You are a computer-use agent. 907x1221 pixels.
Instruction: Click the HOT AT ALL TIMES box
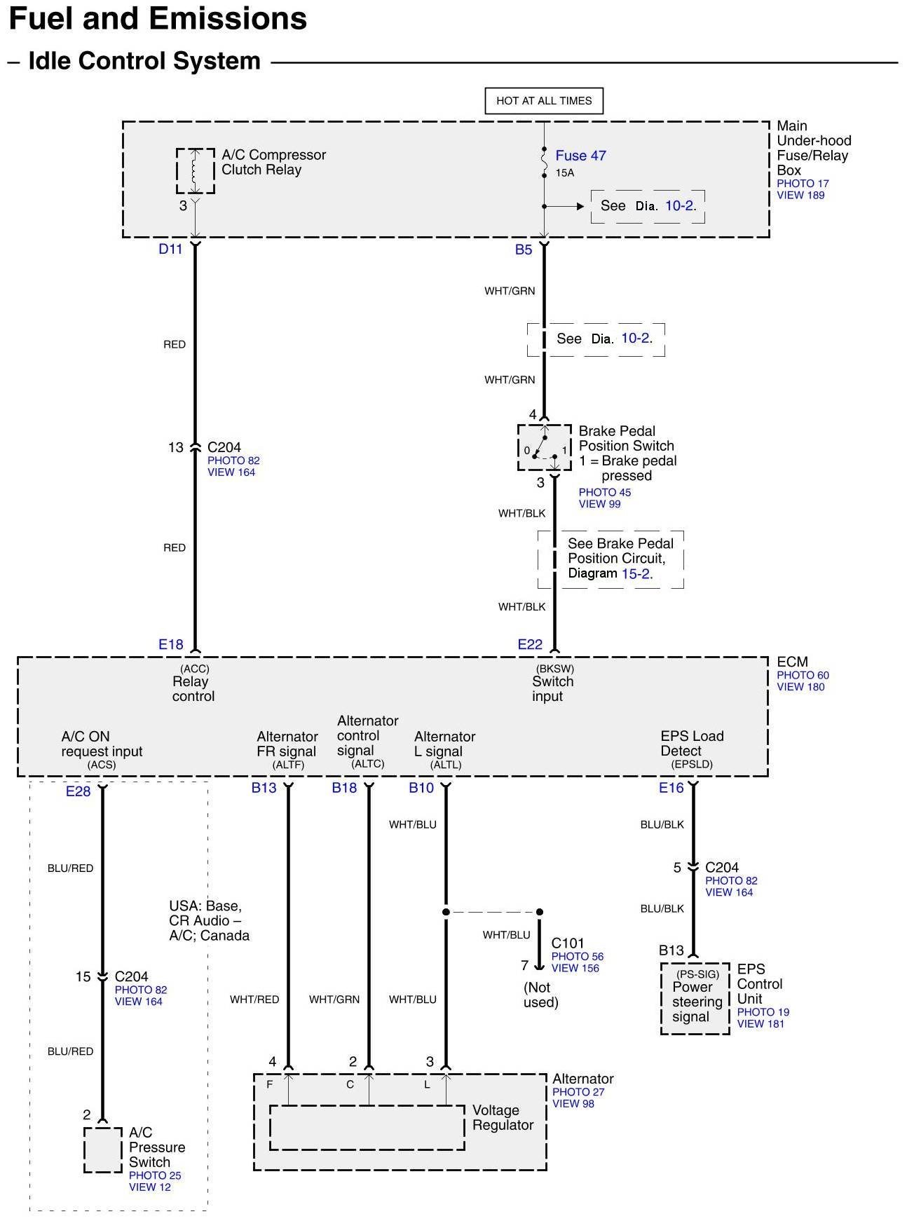coord(544,100)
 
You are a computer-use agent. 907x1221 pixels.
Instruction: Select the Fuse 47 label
coord(580,156)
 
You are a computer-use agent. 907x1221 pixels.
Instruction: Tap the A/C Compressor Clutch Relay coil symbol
coord(195,170)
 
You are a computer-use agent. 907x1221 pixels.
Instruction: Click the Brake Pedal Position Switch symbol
coord(544,447)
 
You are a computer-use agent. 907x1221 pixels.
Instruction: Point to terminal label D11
coord(170,249)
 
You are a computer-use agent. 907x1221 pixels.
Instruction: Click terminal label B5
coord(524,250)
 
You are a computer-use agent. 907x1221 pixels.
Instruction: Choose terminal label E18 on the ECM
coord(171,644)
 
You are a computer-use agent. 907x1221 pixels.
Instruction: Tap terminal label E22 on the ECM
coord(530,644)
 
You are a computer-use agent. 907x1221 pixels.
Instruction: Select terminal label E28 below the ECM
coord(79,791)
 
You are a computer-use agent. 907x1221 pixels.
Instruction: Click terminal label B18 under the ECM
coord(344,788)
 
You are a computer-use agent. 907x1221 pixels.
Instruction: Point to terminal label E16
coord(671,788)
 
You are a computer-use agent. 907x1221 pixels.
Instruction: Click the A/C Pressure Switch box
coord(102,1150)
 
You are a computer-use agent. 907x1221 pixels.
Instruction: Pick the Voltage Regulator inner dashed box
coord(367,1128)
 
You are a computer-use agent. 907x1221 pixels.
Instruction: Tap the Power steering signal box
coord(695,998)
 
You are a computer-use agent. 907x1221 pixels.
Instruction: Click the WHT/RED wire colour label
coord(254,1000)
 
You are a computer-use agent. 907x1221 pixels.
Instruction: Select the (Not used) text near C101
coord(540,995)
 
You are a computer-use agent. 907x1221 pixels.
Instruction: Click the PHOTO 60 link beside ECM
coord(803,675)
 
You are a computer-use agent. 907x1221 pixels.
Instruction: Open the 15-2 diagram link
coord(636,573)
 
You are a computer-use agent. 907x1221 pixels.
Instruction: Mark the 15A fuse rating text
coord(565,172)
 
